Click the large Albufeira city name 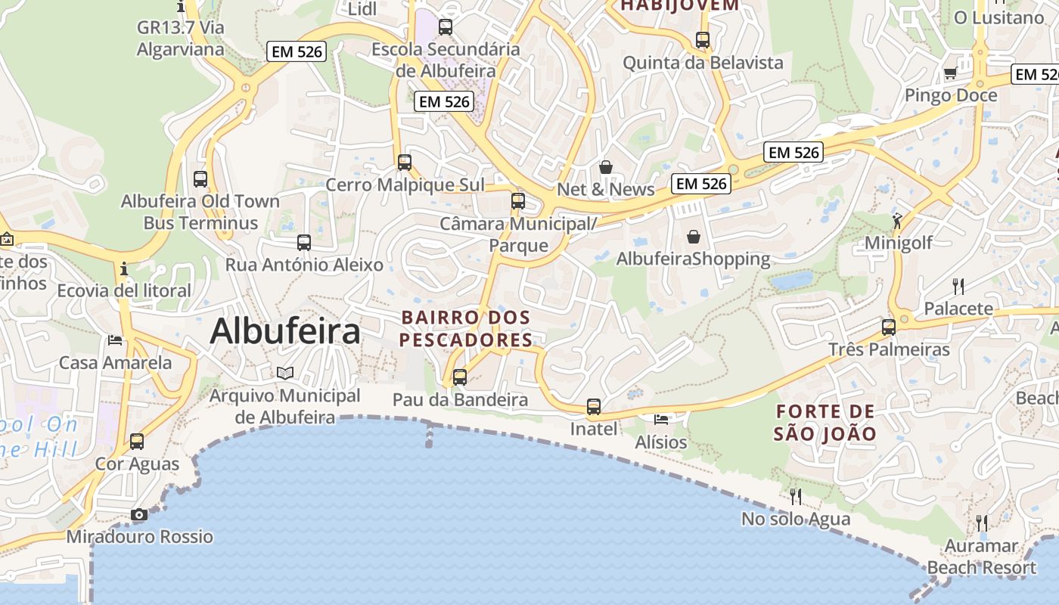click(285, 331)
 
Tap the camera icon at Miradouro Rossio click(138, 515)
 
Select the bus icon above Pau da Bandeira click(460, 377)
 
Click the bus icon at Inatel click(594, 407)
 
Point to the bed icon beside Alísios click(661, 419)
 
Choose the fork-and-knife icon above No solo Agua click(795, 496)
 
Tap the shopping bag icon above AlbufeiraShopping click(694, 237)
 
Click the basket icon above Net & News click(606, 166)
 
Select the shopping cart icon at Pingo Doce click(950, 73)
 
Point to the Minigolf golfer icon click(897, 221)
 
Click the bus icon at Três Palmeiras click(889, 327)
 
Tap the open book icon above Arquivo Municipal click(284, 373)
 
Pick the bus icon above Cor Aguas click(137, 441)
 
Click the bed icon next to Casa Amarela click(115, 340)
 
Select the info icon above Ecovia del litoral click(124, 268)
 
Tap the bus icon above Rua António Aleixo click(304, 242)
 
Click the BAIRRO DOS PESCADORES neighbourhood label click(466, 328)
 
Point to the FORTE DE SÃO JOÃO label click(825, 423)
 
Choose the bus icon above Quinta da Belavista click(703, 39)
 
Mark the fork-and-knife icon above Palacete click(958, 286)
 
